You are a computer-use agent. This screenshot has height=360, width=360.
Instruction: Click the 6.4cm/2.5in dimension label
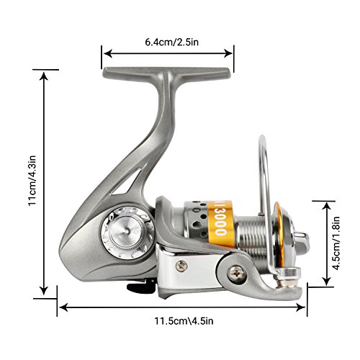click(172, 42)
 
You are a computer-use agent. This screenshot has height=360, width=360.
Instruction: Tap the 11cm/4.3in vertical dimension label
click(32, 180)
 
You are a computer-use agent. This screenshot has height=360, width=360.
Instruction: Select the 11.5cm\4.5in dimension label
click(184, 321)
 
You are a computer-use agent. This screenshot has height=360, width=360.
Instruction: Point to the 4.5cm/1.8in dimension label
click(336, 243)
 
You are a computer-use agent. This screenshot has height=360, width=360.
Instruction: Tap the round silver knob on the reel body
click(127, 232)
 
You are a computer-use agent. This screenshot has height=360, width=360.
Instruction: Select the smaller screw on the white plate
click(181, 266)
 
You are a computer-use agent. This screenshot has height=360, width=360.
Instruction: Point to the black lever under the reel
click(140, 287)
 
